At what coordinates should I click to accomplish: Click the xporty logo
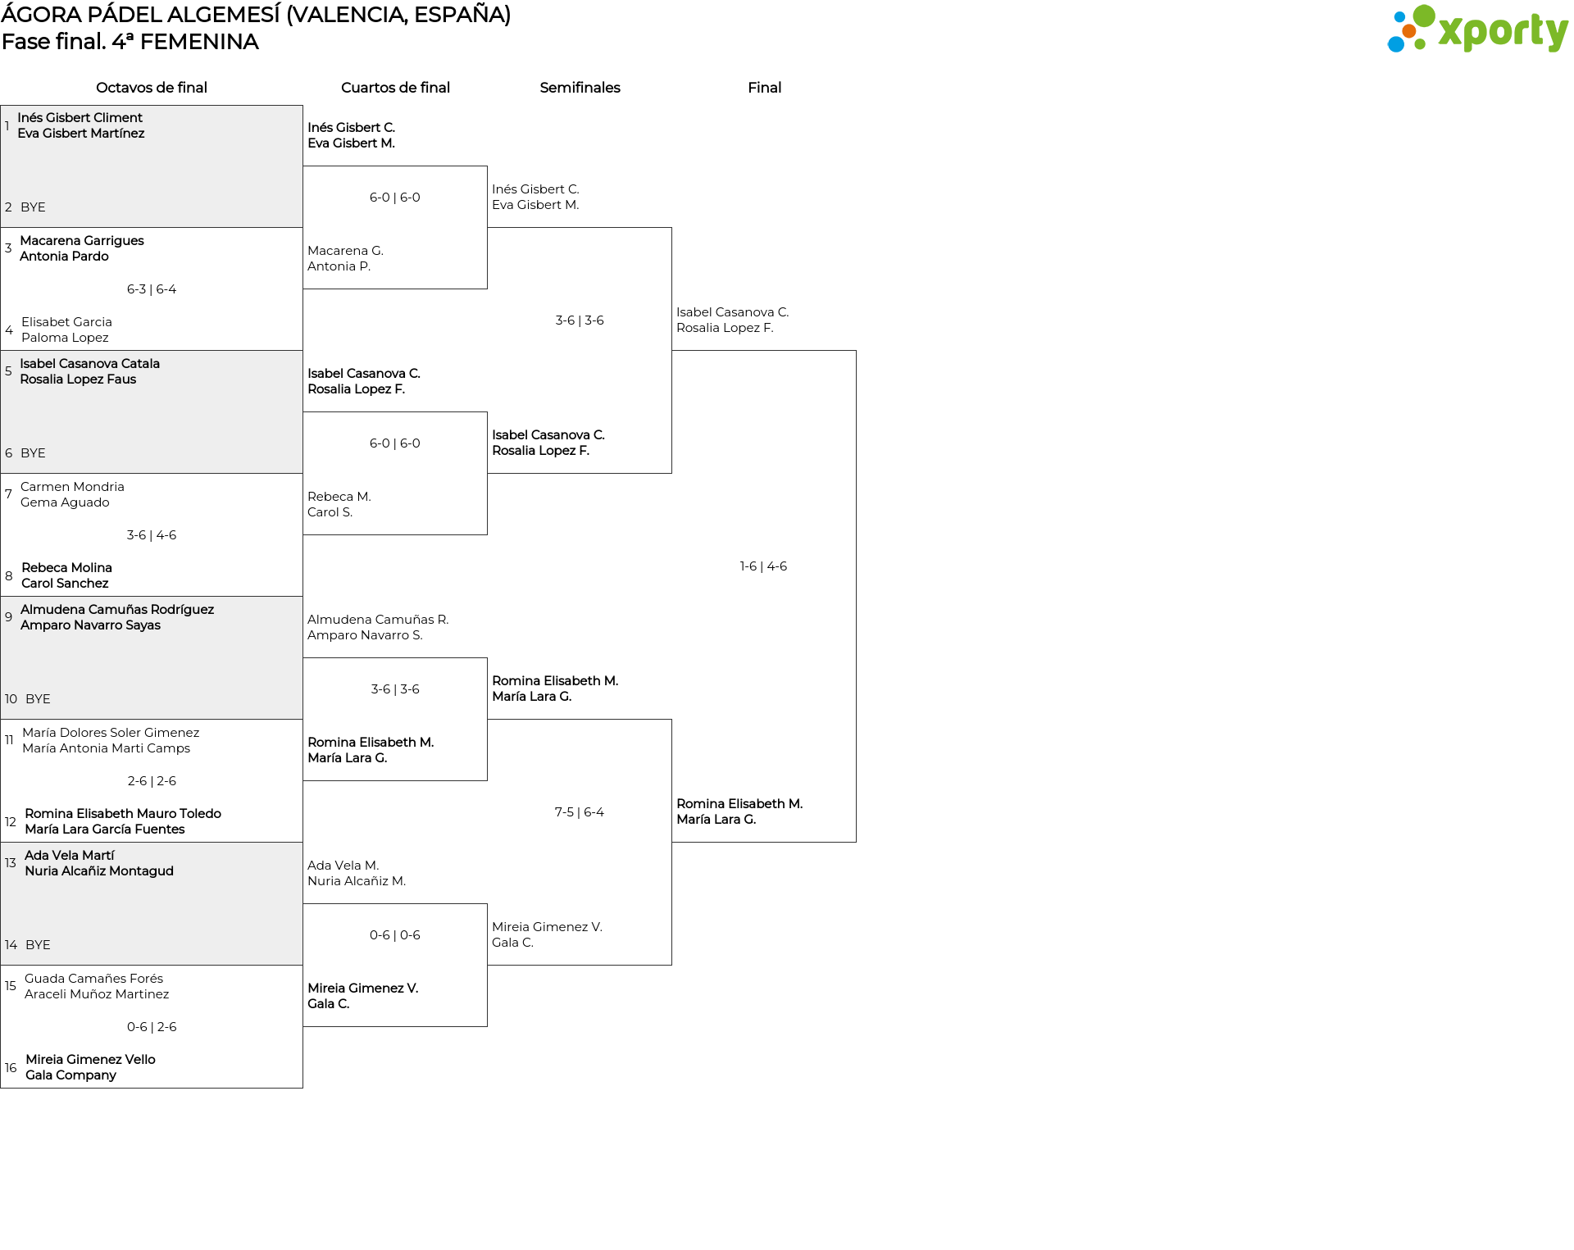pyautogui.click(x=1477, y=30)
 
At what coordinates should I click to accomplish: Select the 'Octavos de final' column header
pyautogui.click(x=152, y=88)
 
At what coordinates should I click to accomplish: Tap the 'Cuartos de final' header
pyautogui.click(x=395, y=88)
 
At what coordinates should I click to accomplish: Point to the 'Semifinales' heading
pyautogui.click(x=580, y=88)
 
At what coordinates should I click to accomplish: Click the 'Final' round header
pyautogui.click(x=764, y=88)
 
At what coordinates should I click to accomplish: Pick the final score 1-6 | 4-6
pyautogui.click(x=763, y=566)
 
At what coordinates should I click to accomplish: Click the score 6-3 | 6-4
pyautogui.click(x=152, y=289)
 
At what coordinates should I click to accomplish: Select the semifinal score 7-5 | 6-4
pyautogui.click(x=580, y=812)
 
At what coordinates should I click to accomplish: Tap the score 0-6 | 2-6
pyautogui.click(x=152, y=1027)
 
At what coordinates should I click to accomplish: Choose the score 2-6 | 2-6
pyautogui.click(x=152, y=781)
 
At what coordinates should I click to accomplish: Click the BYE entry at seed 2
pyautogui.click(x=33, y=207)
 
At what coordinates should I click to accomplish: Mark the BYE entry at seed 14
pyautogui.click(x=38, y=945)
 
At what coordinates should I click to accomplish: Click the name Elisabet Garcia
pyautogui.click(x=66, y=322)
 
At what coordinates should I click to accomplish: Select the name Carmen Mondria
pyautogui.click(x=72, y=487)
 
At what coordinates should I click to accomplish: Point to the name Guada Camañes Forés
pyautogui.click(x=93, y=979)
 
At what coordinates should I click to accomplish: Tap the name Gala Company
pyautogui.click(x=71, y=1075)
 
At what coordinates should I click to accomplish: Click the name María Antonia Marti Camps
pyautogui.click(x=106, y=748)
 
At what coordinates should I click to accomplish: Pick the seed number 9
pyautogui.click(x=9, y=617)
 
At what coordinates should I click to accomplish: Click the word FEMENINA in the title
pyautogui.click(x=199, y=42)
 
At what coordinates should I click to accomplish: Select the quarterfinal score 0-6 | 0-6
pyautogui.click(x=395, y=935)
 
